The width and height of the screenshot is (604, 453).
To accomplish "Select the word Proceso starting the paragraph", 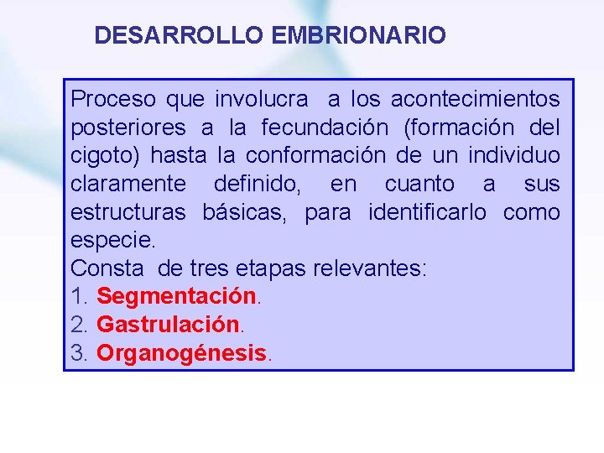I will pyautogui.click(x=113, y=99).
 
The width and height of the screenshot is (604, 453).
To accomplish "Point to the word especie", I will pyautogui.click(x=112, y=241).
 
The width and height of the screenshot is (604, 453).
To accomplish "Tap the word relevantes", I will pyautogui.click(x=370, y=268).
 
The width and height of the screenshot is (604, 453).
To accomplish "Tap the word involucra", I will pyautogui.click(x=262, y=99).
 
